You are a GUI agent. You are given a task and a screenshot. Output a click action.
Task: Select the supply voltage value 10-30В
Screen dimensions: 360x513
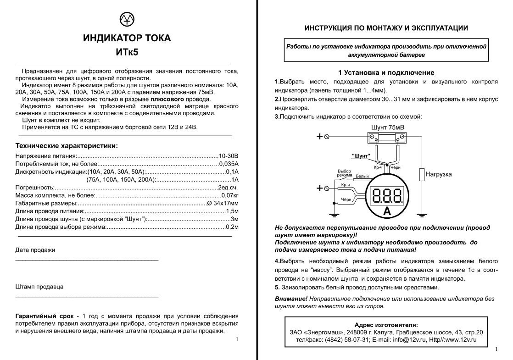point(229,156)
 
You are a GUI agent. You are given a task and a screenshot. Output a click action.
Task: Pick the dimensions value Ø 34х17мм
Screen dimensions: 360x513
point(223,203)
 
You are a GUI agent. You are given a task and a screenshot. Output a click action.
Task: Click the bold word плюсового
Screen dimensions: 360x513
point(167,99)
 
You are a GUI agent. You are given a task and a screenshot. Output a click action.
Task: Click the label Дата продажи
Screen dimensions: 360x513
point(35,250)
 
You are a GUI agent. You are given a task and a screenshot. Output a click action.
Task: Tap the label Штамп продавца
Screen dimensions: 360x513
point(39,287)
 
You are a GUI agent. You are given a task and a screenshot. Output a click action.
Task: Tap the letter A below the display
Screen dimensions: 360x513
point(386,211)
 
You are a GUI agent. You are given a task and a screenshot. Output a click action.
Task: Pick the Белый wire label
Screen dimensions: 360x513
point(362,176)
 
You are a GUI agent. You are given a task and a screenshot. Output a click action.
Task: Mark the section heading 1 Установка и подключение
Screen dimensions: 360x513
point(386,72)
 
